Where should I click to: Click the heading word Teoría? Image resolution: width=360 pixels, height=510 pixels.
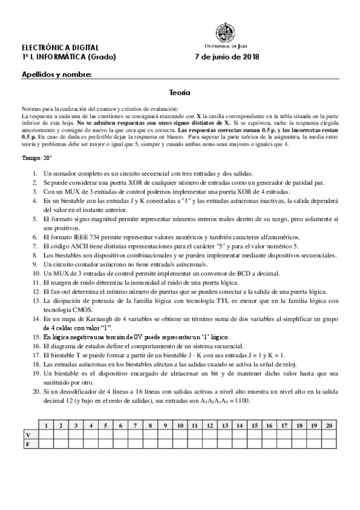point(180,93)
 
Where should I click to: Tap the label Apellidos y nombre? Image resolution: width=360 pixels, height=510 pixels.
point(56,75)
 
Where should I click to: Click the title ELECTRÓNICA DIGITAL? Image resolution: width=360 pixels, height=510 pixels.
point(57,47)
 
